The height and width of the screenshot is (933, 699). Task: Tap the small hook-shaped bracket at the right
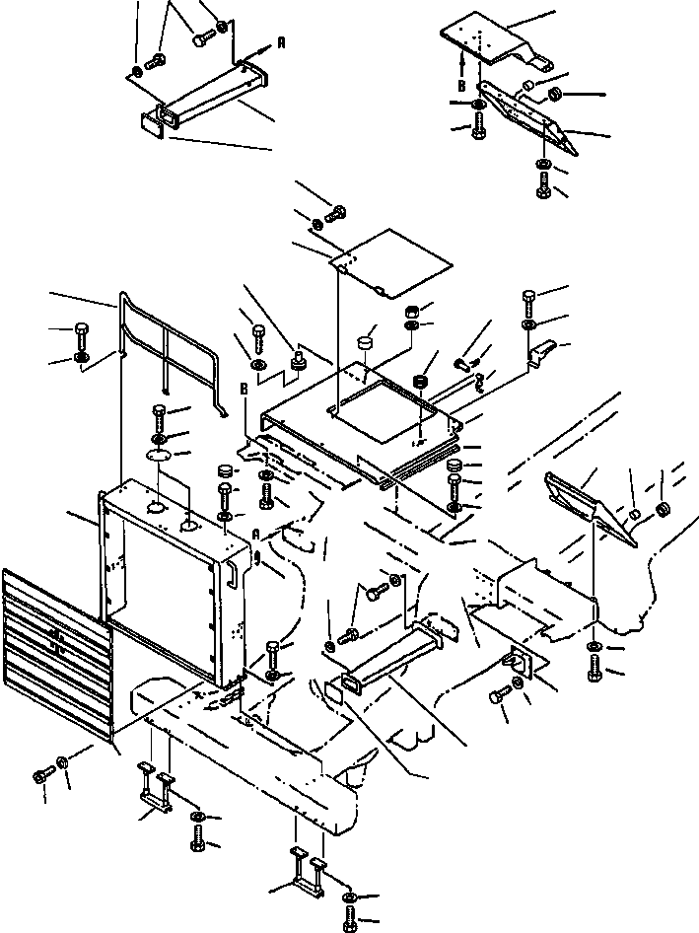541,351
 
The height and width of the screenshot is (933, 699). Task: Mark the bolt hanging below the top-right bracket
543,182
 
